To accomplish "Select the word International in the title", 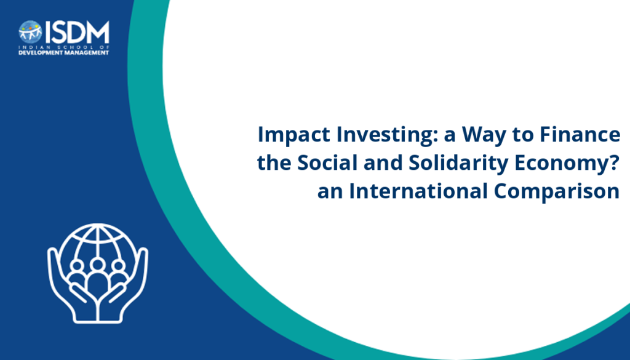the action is click(418, 191).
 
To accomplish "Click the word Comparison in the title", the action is click(557, 191).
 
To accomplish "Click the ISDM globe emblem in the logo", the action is click(30, 32).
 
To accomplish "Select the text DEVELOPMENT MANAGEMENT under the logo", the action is click(63, 53).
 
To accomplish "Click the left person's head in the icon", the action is click(76, 266).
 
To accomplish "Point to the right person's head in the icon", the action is click(118, 266).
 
